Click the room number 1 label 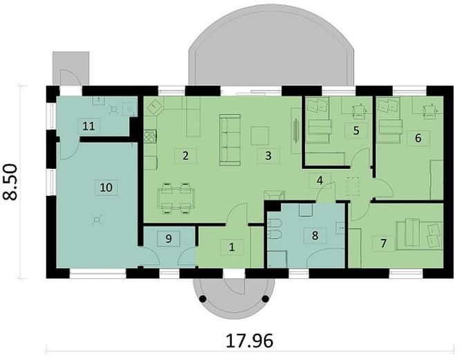pos(232,246)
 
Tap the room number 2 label pos(185,155)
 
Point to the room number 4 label pos(319,181)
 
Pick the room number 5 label pos(355,130)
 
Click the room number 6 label pos(417,137)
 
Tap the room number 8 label pos(315,235)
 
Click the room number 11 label pos(88,125)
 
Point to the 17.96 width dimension pos(249,341)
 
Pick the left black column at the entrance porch pos(203,299)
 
